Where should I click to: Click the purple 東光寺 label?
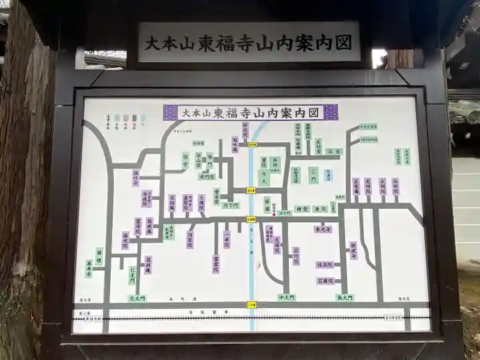[x=324, y=229]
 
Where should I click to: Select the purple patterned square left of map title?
[x=171, y=112]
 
